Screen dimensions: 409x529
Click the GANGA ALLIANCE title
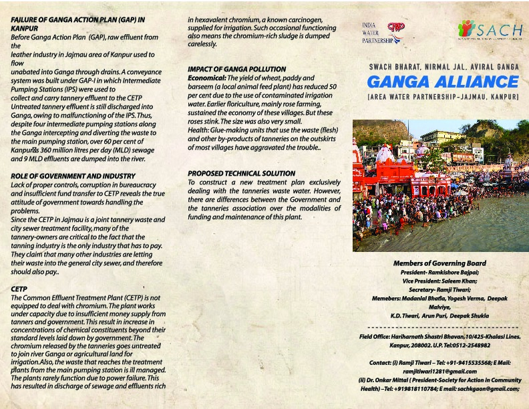[443, 82]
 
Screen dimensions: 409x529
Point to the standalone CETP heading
[19, 289]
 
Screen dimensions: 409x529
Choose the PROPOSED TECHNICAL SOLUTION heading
[241, 173]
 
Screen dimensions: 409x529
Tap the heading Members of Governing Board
[439, 263]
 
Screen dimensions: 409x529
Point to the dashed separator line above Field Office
[439, 327]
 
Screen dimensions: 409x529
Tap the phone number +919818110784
[407, 388]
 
